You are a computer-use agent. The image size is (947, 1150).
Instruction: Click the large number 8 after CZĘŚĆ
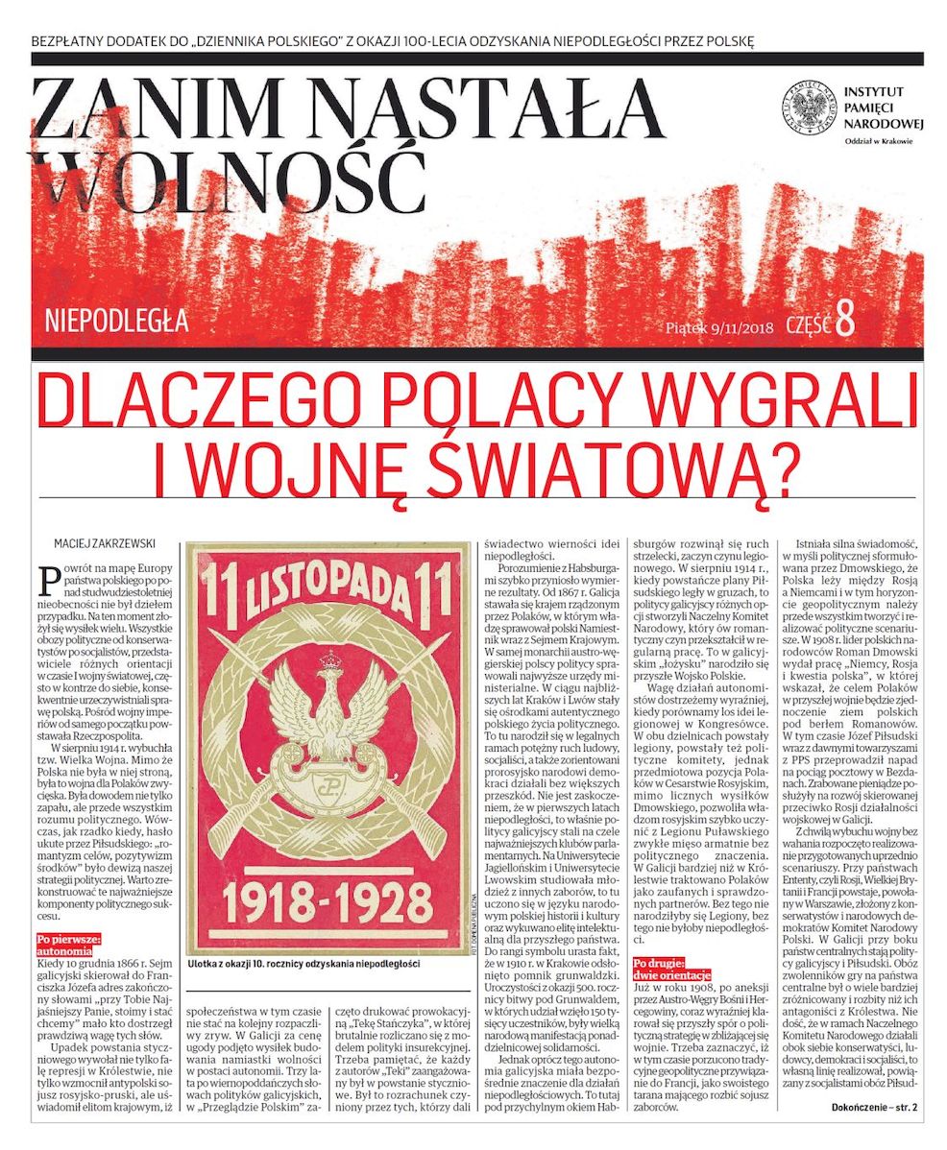coord(844,322)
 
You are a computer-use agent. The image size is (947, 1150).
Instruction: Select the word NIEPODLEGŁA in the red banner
coord(116,321)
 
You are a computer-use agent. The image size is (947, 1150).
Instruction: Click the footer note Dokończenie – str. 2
coord(874,1108)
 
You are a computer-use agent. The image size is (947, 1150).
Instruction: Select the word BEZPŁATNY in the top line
coord(70,41)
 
